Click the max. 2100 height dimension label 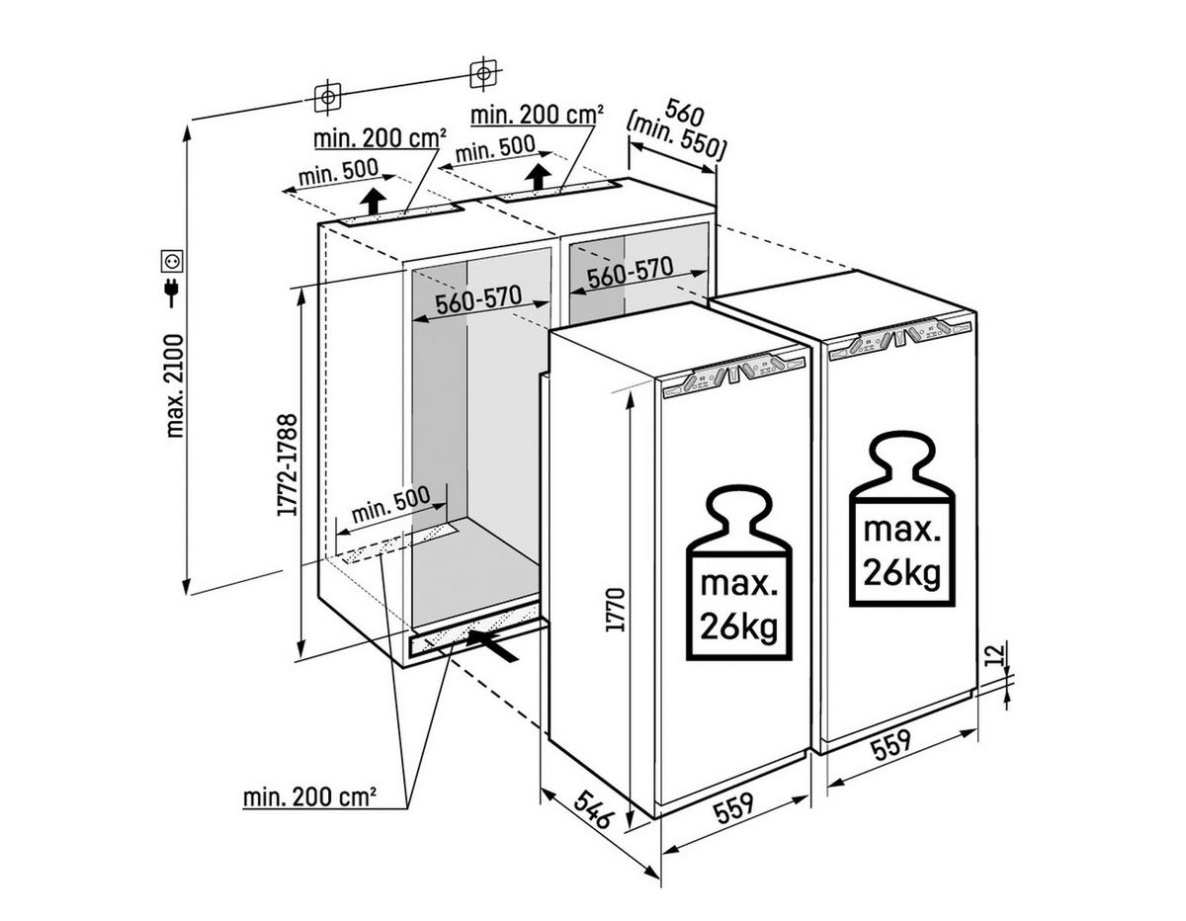175,386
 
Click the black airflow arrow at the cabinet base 494,646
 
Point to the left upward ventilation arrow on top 373,201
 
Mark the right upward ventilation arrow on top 539,179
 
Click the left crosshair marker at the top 327,96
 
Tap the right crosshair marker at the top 480,72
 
